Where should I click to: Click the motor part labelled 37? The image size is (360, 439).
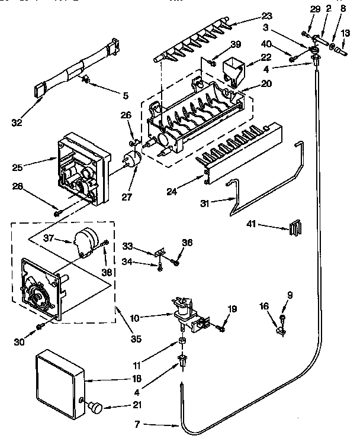tap(82, 239)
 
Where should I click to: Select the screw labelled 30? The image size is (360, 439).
tap(41, 325)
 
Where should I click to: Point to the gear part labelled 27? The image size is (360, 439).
tap(132, 161)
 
